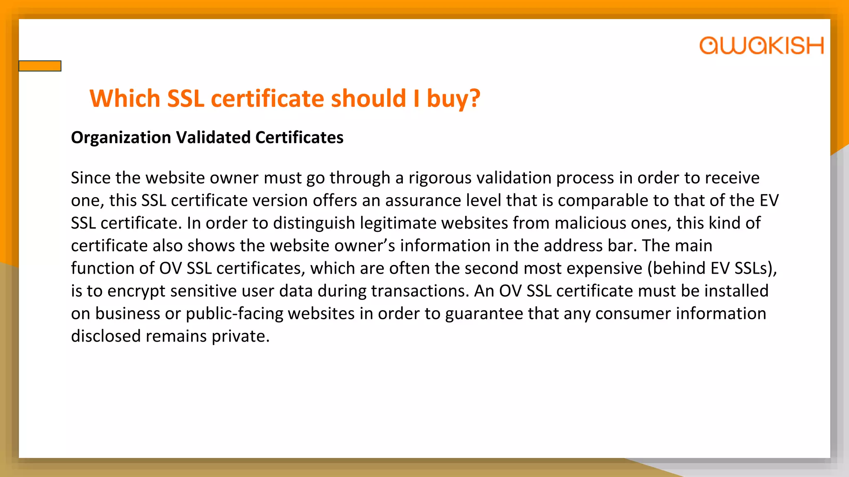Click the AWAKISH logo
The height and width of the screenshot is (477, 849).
tap(761, 46)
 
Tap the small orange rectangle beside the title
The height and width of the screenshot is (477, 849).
tap(40, 66)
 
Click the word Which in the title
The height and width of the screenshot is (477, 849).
tap(125, 99)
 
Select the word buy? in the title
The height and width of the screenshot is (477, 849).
tap(453, 99)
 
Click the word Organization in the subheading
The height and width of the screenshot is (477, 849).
tap(121, 137)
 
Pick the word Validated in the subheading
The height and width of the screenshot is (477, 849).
tap(213, 137)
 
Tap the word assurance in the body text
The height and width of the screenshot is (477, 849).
tap(423, 200)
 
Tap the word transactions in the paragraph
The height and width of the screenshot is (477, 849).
tap(420, 291)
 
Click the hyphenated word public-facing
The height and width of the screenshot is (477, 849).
tap(234, 313)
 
